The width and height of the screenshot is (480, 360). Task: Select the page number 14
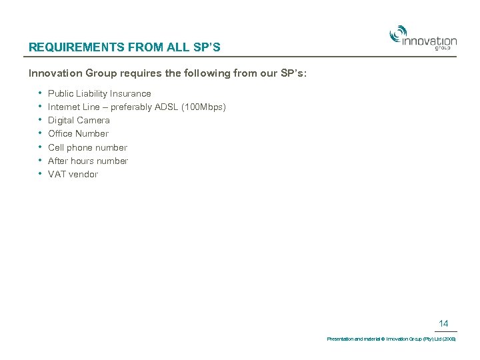click(443, 323)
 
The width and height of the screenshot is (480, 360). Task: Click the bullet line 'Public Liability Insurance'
click(99, 93)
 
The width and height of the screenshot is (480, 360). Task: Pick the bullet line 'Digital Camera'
click(79, 120)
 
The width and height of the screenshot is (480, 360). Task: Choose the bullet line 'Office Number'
click(78, 133)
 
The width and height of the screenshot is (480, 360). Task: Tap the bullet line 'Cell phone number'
click(87, 147)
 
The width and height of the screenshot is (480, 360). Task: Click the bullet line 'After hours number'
click(88, 161)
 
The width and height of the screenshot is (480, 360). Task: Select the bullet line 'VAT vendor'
click(73, 174)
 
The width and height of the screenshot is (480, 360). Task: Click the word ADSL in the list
click(167, 107)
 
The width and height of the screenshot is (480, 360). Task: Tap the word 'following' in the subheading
click(205, 73)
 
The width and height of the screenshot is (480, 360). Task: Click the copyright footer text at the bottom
click(391, 339)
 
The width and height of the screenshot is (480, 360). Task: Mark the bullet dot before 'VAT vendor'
click(41, 173)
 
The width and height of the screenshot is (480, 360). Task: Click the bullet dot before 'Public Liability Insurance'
click(41, 93)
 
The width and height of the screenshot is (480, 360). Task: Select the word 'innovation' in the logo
click(429, 41)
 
